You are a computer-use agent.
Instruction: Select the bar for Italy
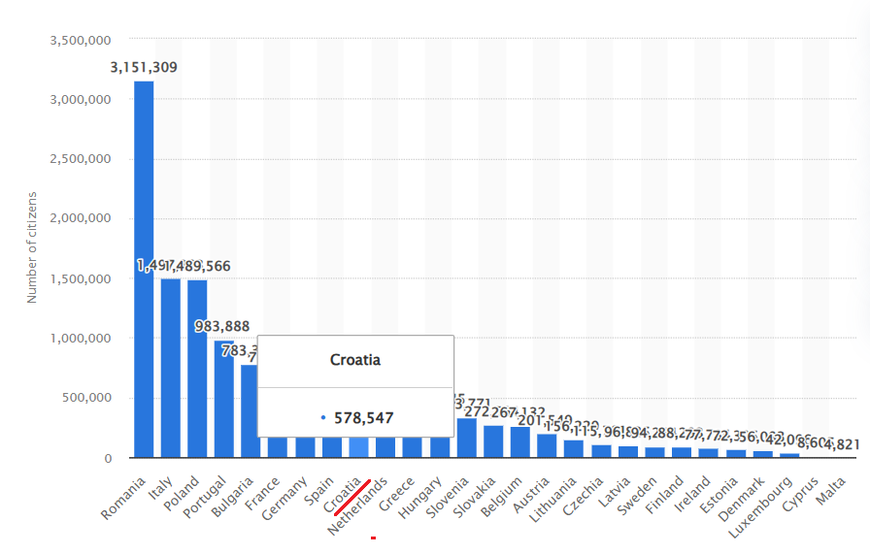(170, 368)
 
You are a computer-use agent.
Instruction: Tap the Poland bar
(197, 369)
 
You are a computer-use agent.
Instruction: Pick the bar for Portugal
(224, 398)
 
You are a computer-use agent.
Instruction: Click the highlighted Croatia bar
(359, 447)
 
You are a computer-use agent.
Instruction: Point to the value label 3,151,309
(144, 68)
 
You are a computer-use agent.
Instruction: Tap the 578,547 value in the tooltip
(364, 417)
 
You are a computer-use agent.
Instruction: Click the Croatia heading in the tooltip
(355, 360)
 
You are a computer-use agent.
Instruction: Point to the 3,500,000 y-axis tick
(80, 41)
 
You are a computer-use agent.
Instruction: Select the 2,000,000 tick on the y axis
(80, 219)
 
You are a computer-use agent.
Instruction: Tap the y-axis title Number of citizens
(32, 247)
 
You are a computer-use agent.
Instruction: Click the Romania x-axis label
(123, 498)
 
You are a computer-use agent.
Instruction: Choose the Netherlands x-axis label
(358, 505)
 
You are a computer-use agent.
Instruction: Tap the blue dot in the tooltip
(323, 417)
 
